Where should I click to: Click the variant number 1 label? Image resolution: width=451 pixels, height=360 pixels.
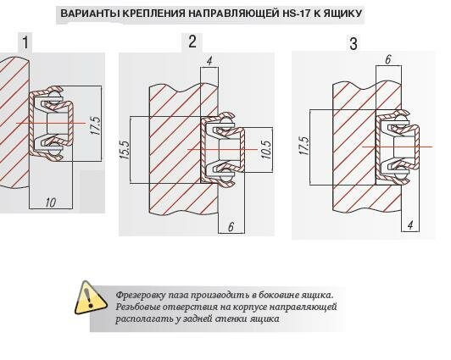coord(25,42)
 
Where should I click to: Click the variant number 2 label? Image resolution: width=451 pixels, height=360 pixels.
coord(192,42)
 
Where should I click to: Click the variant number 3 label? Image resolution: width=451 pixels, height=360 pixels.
coord(354,44)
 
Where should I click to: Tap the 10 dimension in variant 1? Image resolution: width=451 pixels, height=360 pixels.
coord(51,202)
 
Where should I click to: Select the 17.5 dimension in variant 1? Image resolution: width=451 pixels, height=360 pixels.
coord(96,125)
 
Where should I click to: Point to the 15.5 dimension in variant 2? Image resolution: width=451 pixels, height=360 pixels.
coord(125,150)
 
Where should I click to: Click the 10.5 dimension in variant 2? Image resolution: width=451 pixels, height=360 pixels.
coord(266,149)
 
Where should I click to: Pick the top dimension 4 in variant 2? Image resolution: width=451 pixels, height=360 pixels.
coord(209,61)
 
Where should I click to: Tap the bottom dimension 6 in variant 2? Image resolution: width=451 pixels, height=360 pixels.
coord(231,227)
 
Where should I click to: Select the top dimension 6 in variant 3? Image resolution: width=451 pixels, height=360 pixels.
coord(388,59)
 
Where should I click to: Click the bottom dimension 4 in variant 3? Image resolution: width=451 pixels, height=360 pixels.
coord(410,225)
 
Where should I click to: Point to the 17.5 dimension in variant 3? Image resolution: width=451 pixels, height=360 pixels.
coord(304,146)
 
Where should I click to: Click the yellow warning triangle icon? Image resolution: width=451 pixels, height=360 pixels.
coord(90,298)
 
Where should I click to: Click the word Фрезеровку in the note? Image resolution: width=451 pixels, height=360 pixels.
coord(141,296)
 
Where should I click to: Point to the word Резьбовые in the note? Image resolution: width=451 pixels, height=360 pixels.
coord(138,307)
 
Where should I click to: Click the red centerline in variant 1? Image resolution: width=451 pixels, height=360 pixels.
coord(51,123)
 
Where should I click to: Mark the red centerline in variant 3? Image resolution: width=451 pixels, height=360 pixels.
coord(398,147)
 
